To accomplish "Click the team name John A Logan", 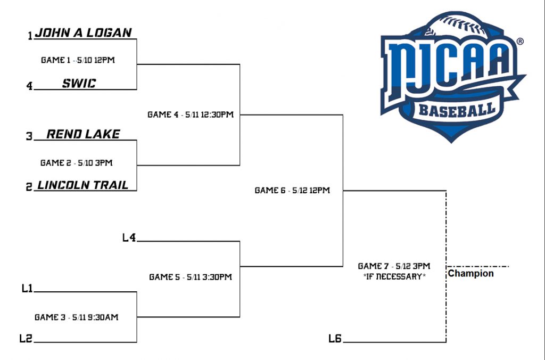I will pos(84,32).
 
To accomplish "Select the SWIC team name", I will pos(79,83).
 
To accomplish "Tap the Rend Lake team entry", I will pos(84,134).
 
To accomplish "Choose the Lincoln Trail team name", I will pos(83,185).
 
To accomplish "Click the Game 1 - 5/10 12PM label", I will pos(78,60).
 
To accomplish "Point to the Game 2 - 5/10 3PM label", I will pos(77,163).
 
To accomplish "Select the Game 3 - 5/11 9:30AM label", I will pos(77,317).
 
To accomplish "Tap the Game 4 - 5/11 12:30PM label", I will pos(191,114).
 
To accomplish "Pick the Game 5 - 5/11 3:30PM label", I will pos(191,277).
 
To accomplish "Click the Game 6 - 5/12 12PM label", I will pos(292,191).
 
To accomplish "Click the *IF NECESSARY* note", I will pos(394,277).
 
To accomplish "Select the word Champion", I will pos(470,274).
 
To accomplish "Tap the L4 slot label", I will pos(129,238).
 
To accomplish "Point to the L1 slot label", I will pos(27,288).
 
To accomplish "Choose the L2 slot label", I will pos(26,338).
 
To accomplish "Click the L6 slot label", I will pos(335,338).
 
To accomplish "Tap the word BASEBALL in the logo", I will pos(457,110).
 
